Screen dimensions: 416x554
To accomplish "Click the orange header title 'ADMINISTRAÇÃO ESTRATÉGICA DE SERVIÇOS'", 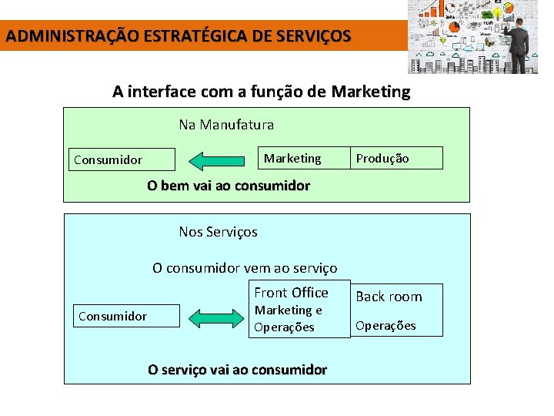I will point(178,35).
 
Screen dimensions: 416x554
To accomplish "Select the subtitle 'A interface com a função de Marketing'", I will point(262,92).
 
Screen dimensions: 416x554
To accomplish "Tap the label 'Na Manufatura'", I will point(226,124).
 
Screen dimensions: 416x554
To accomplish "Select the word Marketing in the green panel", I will point(292,158).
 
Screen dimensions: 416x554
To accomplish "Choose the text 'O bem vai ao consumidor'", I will point(229,186).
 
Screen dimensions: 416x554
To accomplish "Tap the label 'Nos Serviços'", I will point(218,232).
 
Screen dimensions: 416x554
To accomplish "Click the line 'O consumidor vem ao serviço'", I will point(245,268).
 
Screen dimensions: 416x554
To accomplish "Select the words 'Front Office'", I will point(291,292).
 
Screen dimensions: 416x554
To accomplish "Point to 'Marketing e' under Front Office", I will point(288,310).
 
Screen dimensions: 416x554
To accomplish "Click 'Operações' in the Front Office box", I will point(284,327).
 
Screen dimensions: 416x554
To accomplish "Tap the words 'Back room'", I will point(389,297).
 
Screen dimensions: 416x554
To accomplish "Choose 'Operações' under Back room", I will point(385,325).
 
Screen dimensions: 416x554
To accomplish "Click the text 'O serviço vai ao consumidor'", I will point(237,370).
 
